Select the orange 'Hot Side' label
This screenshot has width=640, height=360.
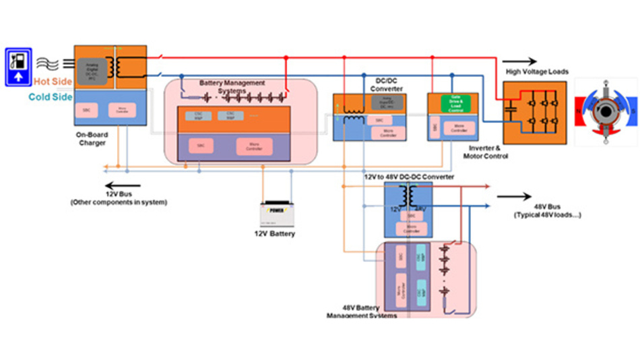coord(52,82)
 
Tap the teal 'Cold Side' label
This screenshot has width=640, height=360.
coord(51,97)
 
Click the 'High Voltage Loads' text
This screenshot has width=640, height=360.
coord(536,71)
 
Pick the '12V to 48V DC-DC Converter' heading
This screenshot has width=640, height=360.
coord(408,177)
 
